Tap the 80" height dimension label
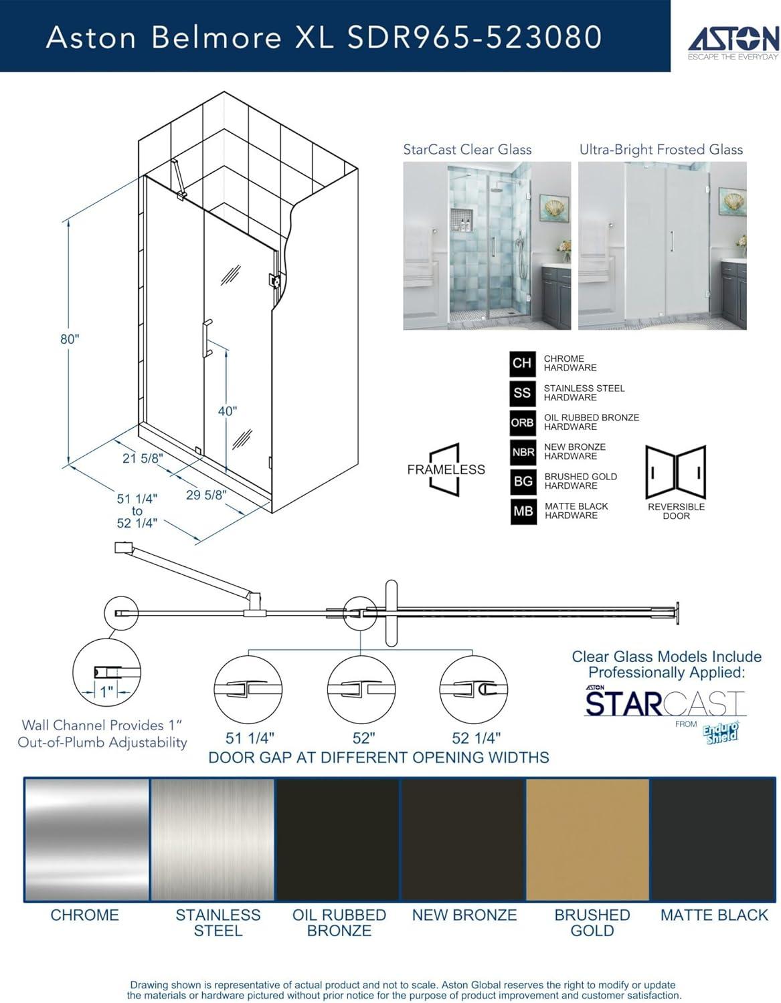tap(70, 339)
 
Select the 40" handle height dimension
tap(228, 411)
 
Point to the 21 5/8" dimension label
tap(143, 458)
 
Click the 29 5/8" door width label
tap(206, 495)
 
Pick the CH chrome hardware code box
tap(522, 363)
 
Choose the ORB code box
tap(522, 423)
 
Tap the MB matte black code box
tap(523, 512)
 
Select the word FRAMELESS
tap(446, 469)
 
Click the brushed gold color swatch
tap(587, 839)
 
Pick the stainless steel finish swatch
tap(212, 839)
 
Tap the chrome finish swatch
tap(86, 839)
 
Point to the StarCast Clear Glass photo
tap(487, 245)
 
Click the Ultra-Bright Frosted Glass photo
tap(662, 245)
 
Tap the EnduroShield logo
tap(721, 731)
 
